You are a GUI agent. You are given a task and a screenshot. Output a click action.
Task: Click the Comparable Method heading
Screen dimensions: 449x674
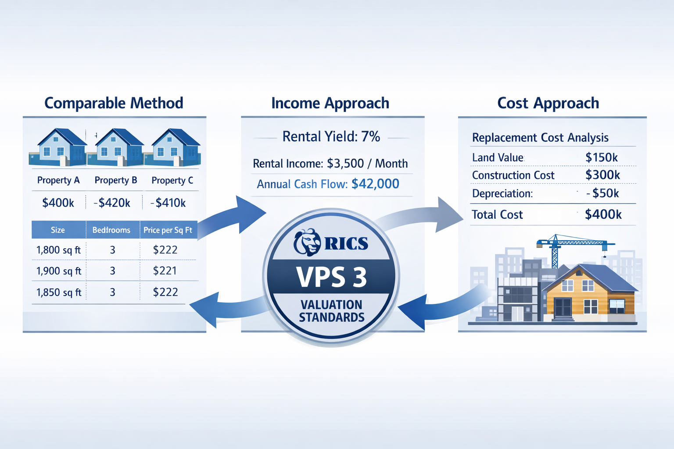pyautogui.click(x=114, y=103)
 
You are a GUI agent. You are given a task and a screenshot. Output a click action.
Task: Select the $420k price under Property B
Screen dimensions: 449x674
pyautogui.click(x=112, y=203)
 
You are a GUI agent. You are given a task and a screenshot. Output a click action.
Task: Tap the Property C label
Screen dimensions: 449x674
pyautogui.click(x=172, y=180)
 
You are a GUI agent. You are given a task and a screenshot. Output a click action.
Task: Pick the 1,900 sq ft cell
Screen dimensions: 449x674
pyautogui.click(x=59, y=271)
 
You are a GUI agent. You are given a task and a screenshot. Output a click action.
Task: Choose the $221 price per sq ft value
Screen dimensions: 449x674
pyautogui.click(x=165, y=271)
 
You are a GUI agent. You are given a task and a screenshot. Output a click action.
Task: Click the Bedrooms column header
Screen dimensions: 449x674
pyautogui.click(x=111, y=230)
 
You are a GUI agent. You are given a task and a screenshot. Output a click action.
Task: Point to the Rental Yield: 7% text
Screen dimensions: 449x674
pyautogui.click(x=331, y=137)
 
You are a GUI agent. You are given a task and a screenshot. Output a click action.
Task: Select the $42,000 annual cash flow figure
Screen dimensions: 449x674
pyautogui.click(x=375, y=184)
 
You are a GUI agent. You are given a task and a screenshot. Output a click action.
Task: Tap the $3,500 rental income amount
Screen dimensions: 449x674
pyautogui.click(x=345, y=164)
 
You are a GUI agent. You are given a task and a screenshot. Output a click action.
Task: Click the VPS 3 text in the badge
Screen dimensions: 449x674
pyautogui.click(x=331, y=277)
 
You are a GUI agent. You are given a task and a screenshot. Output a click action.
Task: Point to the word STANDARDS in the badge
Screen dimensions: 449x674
pyautogui.click(x=332, y=317)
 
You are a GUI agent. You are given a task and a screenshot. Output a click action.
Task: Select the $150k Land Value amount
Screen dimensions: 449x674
pyautogui.click(x=602, y=157)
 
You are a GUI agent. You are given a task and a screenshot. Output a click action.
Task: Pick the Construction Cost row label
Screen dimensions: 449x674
pyautogui.click(x=513, y=175)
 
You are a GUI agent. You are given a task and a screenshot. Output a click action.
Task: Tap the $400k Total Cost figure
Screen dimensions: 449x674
pyautogui.click(x=603, y=214)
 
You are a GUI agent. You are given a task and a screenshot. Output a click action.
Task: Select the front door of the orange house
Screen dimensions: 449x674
pyautogui.click(x=563, y=308)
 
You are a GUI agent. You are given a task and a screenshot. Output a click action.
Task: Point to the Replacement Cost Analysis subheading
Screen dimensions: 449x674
pyautogui.click(x=540, y=138)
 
